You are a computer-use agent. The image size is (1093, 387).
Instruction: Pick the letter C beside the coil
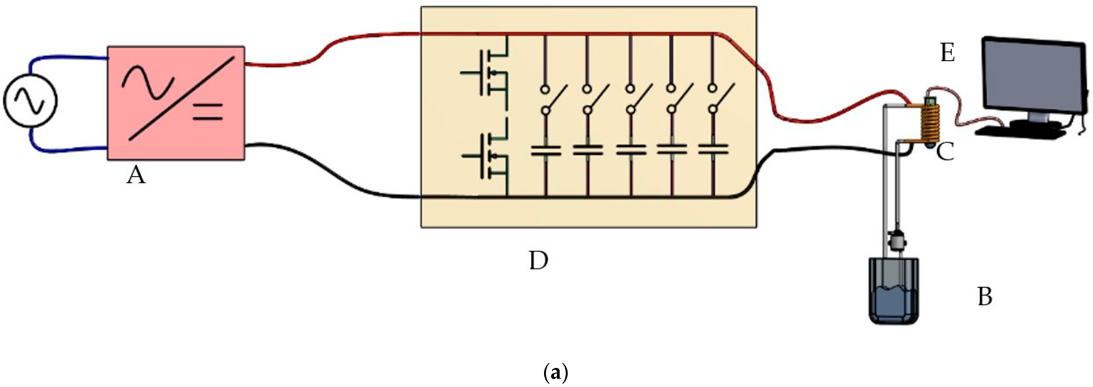pyautogui.click(x=945, y=152)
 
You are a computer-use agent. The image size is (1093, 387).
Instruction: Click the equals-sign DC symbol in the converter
pyautogui.click(x=208, y=111)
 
